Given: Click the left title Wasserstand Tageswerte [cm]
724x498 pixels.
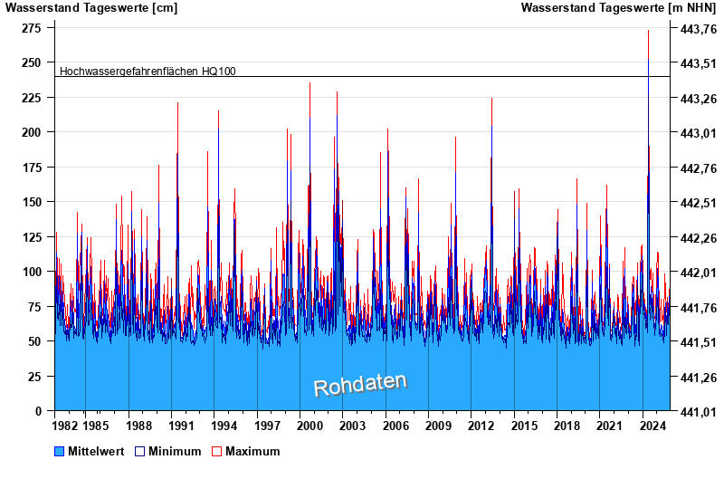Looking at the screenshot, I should coord(91,8).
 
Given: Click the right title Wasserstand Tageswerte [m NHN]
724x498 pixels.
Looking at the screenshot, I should coord(618,8).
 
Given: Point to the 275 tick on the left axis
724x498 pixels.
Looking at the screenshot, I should coord(31,28).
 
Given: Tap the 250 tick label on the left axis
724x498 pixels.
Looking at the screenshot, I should coord(31,62).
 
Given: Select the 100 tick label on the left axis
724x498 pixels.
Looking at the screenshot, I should coord(31,272).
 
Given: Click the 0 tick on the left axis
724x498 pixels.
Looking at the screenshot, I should coord(40,411).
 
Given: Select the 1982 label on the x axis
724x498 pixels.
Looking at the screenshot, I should coord(65,426).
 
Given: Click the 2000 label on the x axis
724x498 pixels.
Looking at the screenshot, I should coord(310,426).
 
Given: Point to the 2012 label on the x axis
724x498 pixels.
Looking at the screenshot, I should coord(481,426).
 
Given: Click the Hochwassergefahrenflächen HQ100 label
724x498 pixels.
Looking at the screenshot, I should coord(148,71).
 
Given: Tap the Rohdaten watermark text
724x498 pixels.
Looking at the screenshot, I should coord(360,384).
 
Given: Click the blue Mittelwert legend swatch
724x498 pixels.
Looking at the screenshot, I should coord(60,451).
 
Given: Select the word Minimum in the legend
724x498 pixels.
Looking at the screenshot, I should coord(175,451).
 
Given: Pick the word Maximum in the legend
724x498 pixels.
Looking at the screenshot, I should coord(252,451).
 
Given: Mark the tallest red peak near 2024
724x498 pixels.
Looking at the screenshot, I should coord(648,32).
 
